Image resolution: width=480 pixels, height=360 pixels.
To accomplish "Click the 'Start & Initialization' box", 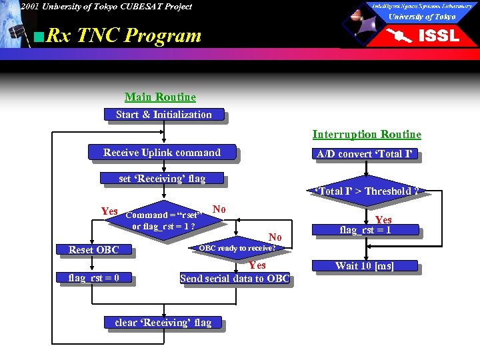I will (164, 115).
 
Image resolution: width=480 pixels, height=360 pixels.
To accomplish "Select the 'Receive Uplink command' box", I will (162, 153).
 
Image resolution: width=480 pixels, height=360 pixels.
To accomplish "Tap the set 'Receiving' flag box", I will (162, 178).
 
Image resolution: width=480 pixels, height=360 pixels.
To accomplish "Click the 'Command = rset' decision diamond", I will (163, 221).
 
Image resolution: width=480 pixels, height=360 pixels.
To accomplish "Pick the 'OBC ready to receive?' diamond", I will (237, 248).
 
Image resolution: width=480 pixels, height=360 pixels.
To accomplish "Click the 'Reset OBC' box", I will (93, 250).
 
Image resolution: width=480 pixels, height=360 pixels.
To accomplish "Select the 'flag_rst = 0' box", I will (93, 277).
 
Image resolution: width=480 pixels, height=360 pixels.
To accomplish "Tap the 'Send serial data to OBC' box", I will (235, 279).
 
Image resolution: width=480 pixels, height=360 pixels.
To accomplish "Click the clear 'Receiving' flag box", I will (163, 323).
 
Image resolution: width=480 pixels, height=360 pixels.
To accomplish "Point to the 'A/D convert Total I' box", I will (365, 154).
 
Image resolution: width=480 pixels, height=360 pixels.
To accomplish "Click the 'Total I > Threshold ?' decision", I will (366, 191).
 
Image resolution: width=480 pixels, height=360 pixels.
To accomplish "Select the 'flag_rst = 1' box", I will (365, 231).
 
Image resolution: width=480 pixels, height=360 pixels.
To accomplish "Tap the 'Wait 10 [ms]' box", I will (365, 266).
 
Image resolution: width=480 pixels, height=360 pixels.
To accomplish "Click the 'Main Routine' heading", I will (160, 97).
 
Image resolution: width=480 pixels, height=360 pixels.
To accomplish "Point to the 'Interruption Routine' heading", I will (367, 135).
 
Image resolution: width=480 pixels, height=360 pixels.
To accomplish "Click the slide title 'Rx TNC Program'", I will (124, 35).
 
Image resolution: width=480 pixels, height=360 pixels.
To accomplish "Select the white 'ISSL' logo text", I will (438, 36).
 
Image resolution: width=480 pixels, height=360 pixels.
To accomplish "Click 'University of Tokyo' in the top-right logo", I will (422, 17).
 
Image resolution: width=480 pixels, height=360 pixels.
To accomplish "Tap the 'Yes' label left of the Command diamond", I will (109, 211).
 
